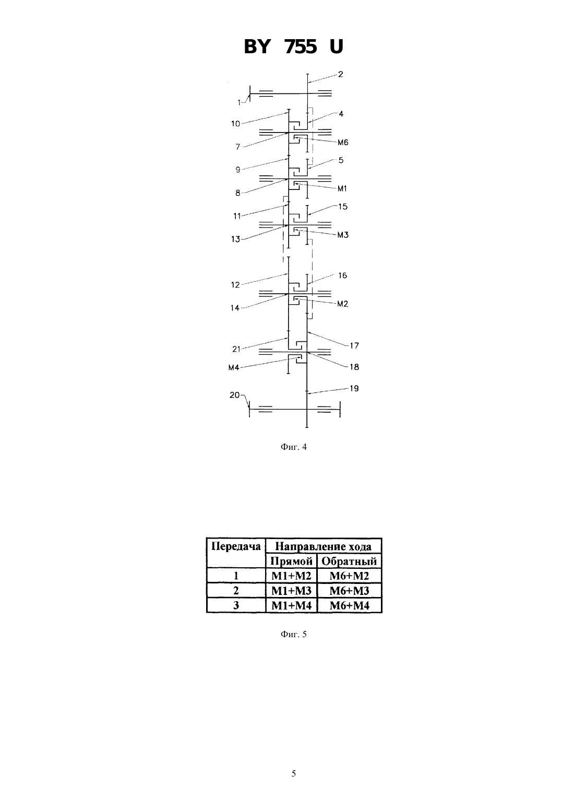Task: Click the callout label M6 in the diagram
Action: (343, 142)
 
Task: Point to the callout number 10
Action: (235, 124)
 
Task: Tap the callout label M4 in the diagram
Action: (234, 367)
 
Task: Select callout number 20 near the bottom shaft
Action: (234, 395)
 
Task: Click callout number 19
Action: (354, 389)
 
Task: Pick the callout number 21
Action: (236, 349)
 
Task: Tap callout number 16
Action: (342, 276)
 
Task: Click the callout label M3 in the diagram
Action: (343, 235)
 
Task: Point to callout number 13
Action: (235, 239)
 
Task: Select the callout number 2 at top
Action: (340, 74)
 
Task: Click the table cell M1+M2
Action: (291, 576)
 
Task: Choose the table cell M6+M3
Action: (349, 591)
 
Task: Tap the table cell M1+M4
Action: (291, 605)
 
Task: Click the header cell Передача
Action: (236, 546)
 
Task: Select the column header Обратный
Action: (349, 562)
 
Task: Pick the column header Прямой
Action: (291, 562)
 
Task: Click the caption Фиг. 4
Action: (293, 447)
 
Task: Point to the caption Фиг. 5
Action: (293, 634)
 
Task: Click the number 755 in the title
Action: (301, 47)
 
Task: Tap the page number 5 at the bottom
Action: (293, 773)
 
